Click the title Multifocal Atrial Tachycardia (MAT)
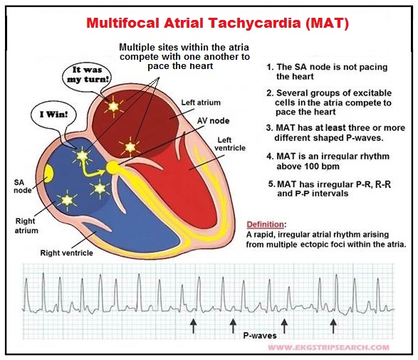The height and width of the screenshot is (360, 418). pyautogui.click(x=217, y=23)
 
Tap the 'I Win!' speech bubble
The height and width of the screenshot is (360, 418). pyautogui.click(x=54, y=115)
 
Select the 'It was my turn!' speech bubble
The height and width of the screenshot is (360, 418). pyautogui.click(x=88, y=75)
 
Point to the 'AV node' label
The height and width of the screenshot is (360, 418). pyautogui.click(x=213, y=121)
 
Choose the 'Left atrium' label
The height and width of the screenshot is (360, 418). pyautogui.click(x=201, y=102)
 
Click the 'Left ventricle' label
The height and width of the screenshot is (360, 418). pyautogui.click(x=230, y=144)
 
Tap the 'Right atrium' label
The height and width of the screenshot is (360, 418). pyautogui.click(x=26, y=226)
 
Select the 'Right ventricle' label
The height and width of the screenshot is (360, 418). pyautogui.click(x=67, y=253)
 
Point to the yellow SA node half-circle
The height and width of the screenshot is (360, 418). pyautogui.click(x=48, y=173)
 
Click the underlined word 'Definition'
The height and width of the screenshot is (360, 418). pyautogui.click(x=265, y=225)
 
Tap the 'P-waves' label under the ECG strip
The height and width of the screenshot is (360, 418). pyautogui.click(x=260, y=335)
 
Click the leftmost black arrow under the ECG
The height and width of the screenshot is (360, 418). pyautogui.click(x=193, y=326)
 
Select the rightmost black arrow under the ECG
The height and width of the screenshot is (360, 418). pyautogui.click(x=333, y=326)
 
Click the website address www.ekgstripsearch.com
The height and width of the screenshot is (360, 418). pyautogui.click(x=328, y=347)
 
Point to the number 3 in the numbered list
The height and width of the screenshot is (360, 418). pyautogui.click(x=268, y=128)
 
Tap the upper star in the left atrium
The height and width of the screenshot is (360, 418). pyautogui.click(x=113, y=106)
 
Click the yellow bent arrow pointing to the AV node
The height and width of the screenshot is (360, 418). pyautogui.click(x=90, y=171)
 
